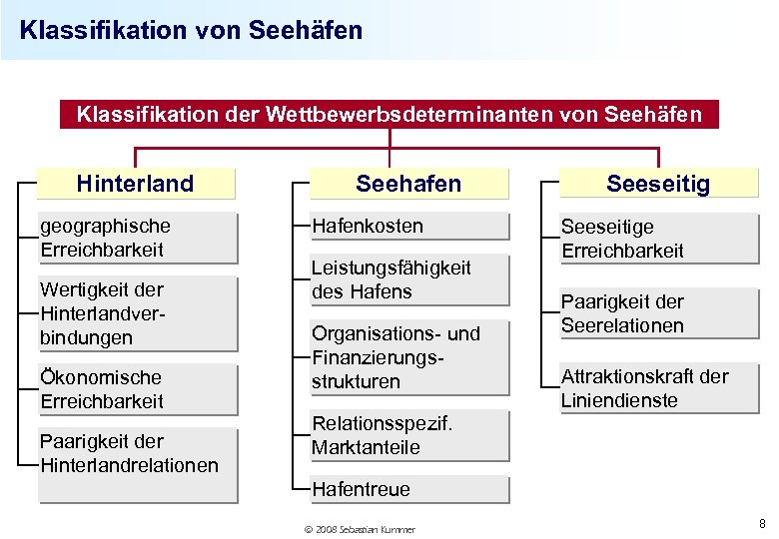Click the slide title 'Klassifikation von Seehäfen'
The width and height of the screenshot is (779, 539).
pyautogui.click(x=191, y=30)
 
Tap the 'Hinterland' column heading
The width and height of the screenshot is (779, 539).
pyautogui.click(x=136, y=184)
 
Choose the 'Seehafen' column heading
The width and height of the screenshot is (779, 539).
pyautogui.click(x=409, y=184)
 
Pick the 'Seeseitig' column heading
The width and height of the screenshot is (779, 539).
pyautogui.click(x=658, y=184)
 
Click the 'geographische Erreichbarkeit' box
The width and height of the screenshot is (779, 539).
pyautogui.click(x=138, y=238)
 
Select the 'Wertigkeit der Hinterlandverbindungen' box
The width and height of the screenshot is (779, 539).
pyautogui.click(x=138, y=313)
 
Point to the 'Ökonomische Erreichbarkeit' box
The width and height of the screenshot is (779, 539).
pyautogui.click(x=138, y=389)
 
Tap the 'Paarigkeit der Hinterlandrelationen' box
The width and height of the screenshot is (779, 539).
pyautogui.click(x=138, y=452)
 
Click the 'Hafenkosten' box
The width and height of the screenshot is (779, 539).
pyautogui.click(x=409, y=226)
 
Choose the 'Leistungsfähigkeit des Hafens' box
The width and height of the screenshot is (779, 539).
pyautogui.click(x=409, y=279)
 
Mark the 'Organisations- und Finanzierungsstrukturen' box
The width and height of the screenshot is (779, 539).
pyautogui.click(x=409, y=357)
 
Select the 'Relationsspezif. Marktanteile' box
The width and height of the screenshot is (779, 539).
pyautogui.click(x=409, y=435)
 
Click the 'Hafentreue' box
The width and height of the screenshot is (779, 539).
pyautogui.click(x=409, y=489)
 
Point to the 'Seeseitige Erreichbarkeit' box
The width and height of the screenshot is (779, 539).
pyautogui.click(x=658, y=239)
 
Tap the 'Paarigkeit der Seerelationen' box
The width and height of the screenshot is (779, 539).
pyautogui.click(x=658, y=313)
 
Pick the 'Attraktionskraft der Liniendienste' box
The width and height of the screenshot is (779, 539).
pyautogui.click(x=658, y=388)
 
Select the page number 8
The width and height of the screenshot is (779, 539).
pyautogui.click(x=762, y=524)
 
